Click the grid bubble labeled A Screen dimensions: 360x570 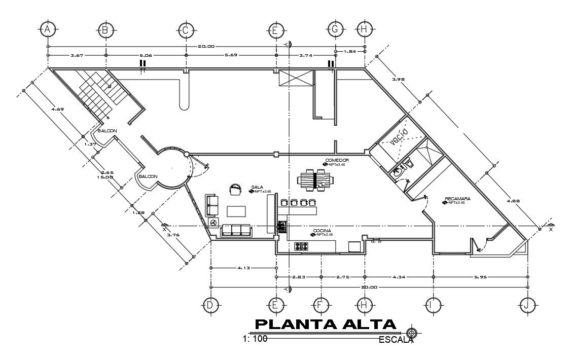point(47,30)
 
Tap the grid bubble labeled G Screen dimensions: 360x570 point(335,30)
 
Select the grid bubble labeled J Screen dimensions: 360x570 point(527,304)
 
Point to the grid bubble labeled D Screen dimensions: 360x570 point(210,304)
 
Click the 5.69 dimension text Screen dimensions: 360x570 point(231,55)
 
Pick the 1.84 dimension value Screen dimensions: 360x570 point(352,51)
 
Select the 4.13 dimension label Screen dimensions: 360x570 point(242,268)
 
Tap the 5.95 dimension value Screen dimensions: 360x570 point(480,277)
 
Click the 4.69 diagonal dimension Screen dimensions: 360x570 point(56,108)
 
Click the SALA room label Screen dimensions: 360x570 point(256,187)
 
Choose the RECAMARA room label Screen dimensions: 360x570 point(457,198)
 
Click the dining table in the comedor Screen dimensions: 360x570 point(314,180)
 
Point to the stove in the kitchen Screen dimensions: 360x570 point(302,246)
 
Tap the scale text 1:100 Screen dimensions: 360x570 point(255,339)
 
